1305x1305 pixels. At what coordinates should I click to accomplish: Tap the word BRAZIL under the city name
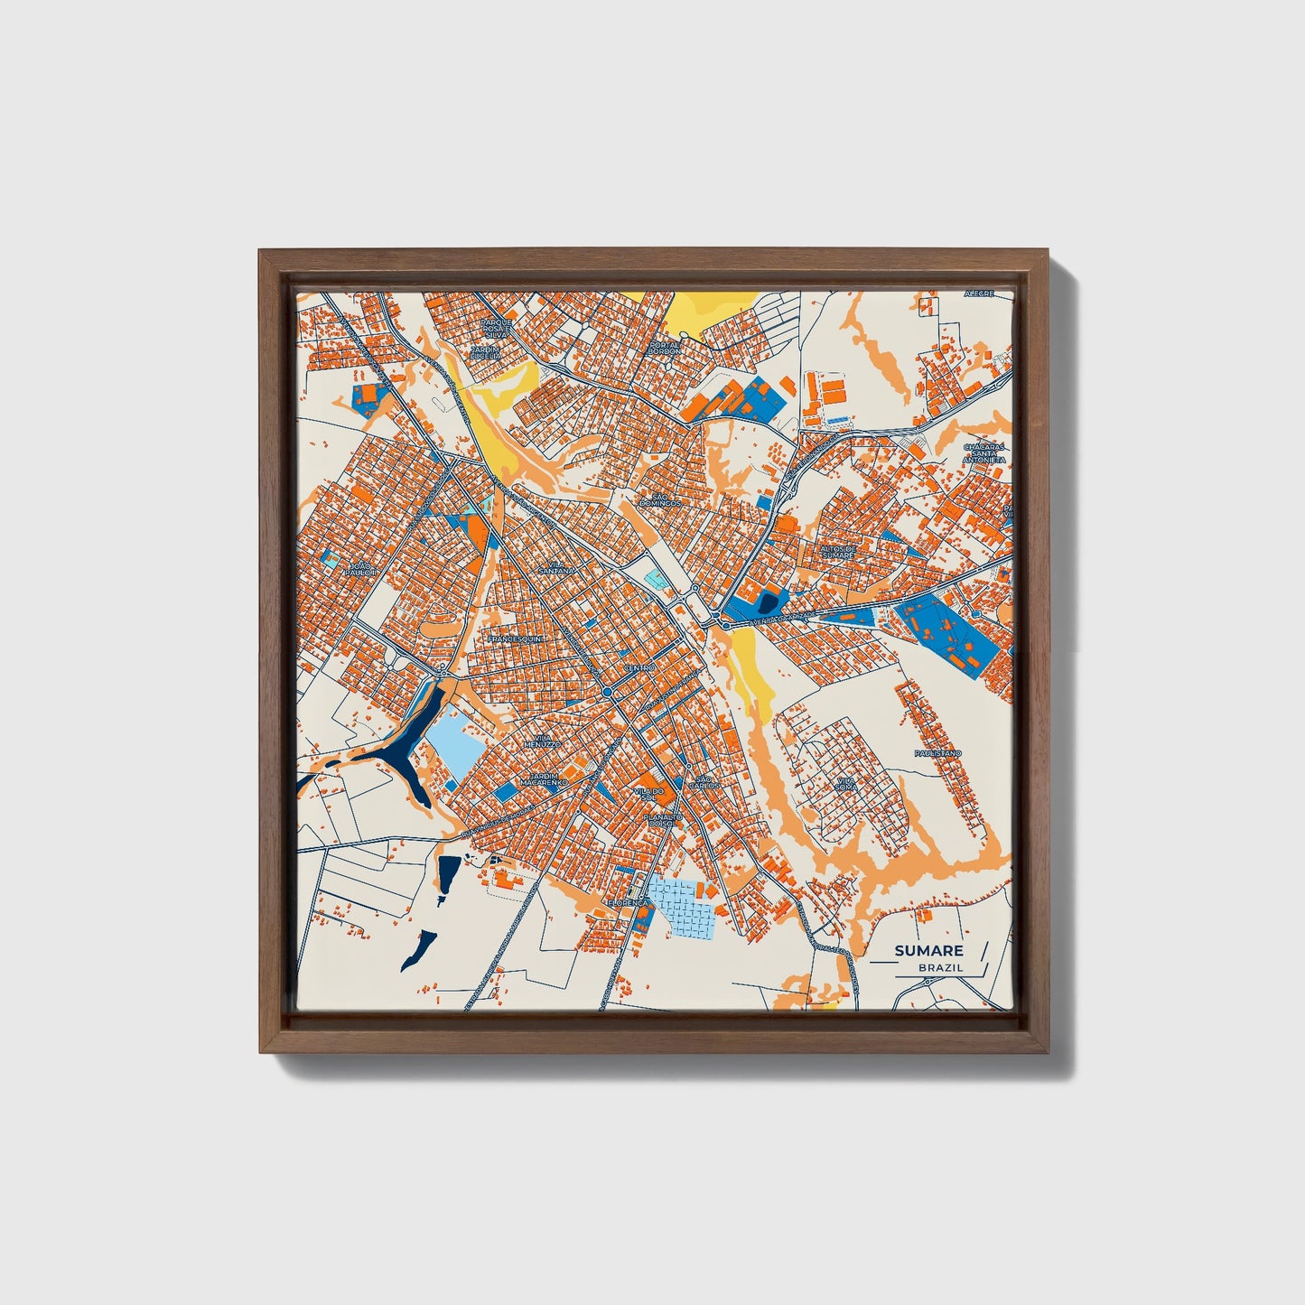coord(940,967)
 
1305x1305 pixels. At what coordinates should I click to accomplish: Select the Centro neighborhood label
coord(639,667)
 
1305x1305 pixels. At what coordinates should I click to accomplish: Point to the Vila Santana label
coord(555,568)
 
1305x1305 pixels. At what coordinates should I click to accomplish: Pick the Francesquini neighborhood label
coord(514,639)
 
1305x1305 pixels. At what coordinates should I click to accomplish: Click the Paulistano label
coord(937,752)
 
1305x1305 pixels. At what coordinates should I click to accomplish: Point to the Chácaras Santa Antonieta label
coord(984,453)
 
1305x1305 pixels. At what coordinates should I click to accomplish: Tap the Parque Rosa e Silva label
coord(497,328)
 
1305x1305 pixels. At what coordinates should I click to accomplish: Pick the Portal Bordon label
coord(664,348)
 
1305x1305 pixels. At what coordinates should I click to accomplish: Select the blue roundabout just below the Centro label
coord(608,693)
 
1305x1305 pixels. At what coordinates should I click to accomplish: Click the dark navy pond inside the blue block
coord(768,602)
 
